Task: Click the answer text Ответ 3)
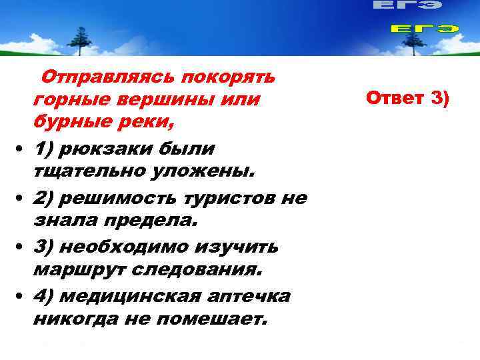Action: pyautogui.click(x=407, y=99)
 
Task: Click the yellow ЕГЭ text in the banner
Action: pyautogui.click(x=424, y=29)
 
